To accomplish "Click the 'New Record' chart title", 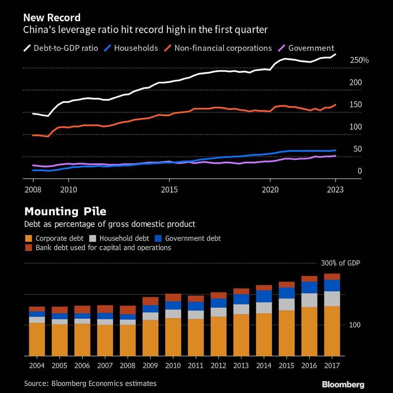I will click(52, 17).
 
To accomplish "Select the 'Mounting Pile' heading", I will click(65, 211).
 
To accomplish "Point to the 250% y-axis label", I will click(359, 60).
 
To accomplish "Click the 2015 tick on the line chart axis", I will click(169, 190).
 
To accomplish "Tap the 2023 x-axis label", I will click(335, 190).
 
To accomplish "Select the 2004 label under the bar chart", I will click(37, 365).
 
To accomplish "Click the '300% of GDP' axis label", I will click(340, 263).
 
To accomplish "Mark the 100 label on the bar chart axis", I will click(355, 325).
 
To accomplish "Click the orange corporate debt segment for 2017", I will click(332, 331).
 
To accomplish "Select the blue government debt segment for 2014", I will click(264, 296).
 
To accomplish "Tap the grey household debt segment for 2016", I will click(309, 300).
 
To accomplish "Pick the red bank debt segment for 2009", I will click(150, 301).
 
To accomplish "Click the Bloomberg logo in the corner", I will click(343, 385).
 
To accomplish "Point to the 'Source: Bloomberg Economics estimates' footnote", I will click(90, 383).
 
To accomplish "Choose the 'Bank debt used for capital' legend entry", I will click(103, 248).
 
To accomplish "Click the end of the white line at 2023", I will click(335, 54).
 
